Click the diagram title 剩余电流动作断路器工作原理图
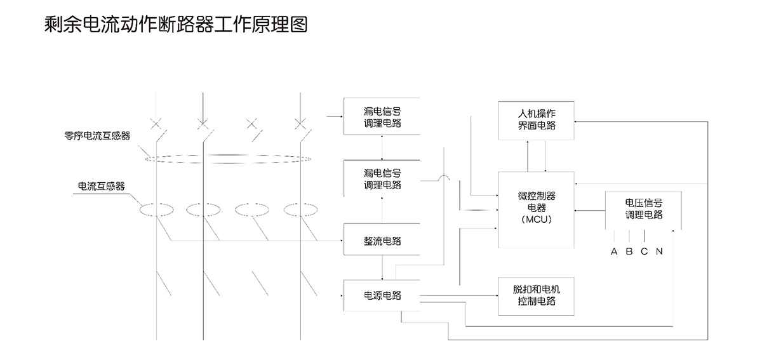(x=177, y=25)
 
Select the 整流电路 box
(x=382, y=240)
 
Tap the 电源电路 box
(x=382, y=295)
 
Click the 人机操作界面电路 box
(x=537, y=119)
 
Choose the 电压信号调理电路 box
(x=644, y=209)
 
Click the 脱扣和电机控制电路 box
(x=537, y=295)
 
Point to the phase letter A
(x=614, y=251)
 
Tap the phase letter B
(x=629, y=251)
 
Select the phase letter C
(x=644, y=251)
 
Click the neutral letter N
(x=659, y=251)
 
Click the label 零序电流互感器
(x=97, y=135)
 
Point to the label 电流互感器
(x=101, y=186)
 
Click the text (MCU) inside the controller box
(x=537, y=220)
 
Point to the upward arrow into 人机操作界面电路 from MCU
(x=528, y=144)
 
